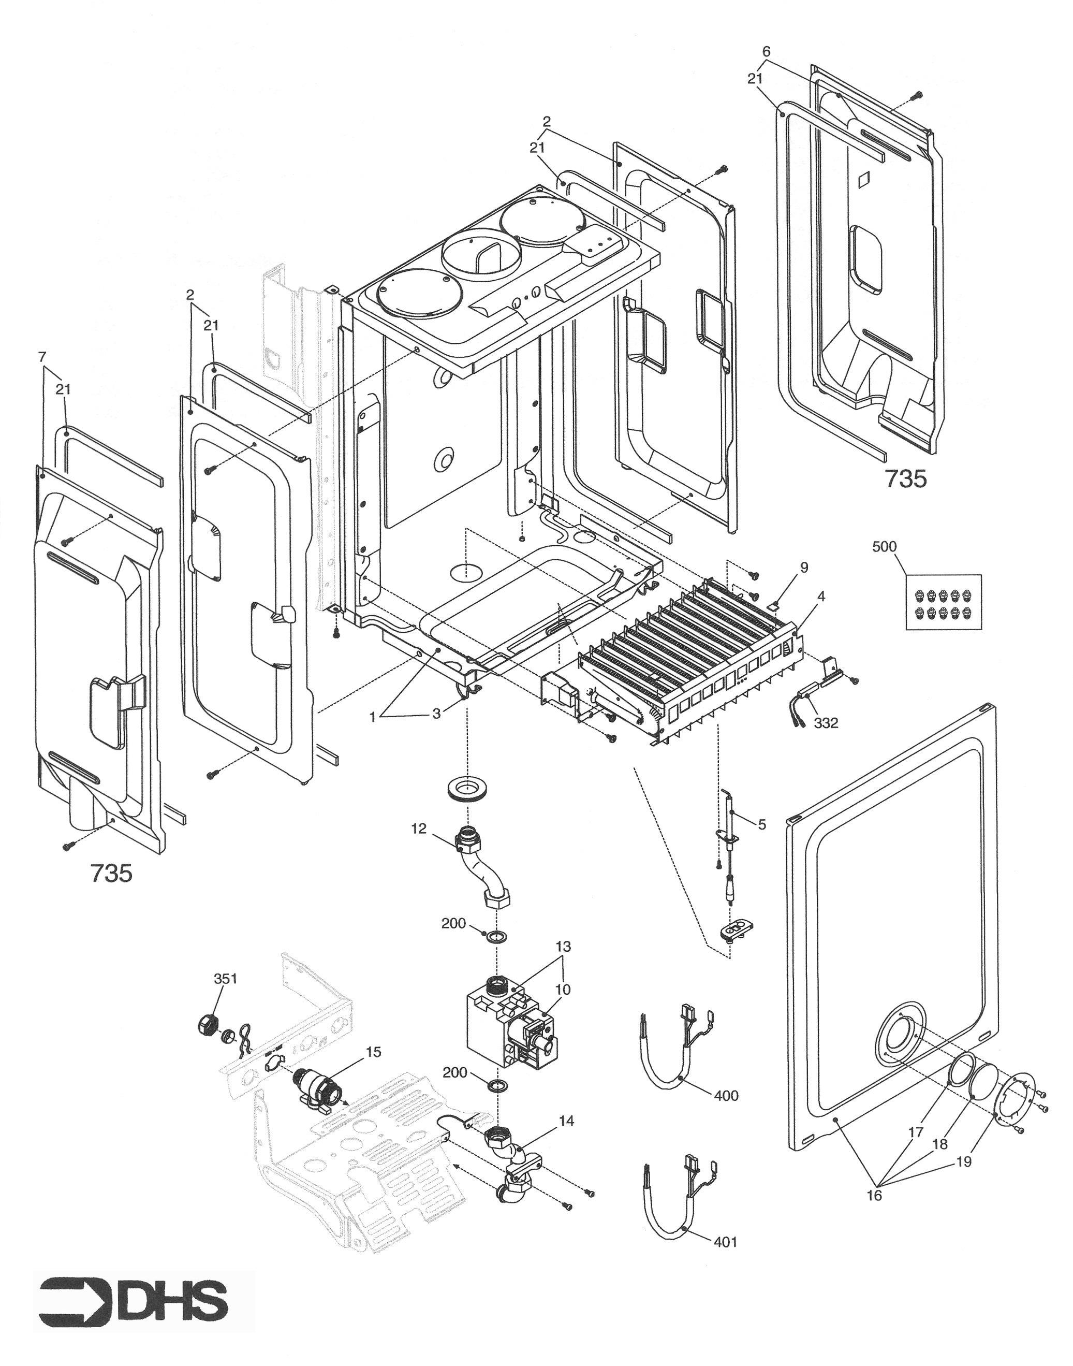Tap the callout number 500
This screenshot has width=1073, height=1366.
point(885,547)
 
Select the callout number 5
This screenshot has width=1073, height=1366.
point(762,824)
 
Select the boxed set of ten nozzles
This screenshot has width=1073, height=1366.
point(943,601)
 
